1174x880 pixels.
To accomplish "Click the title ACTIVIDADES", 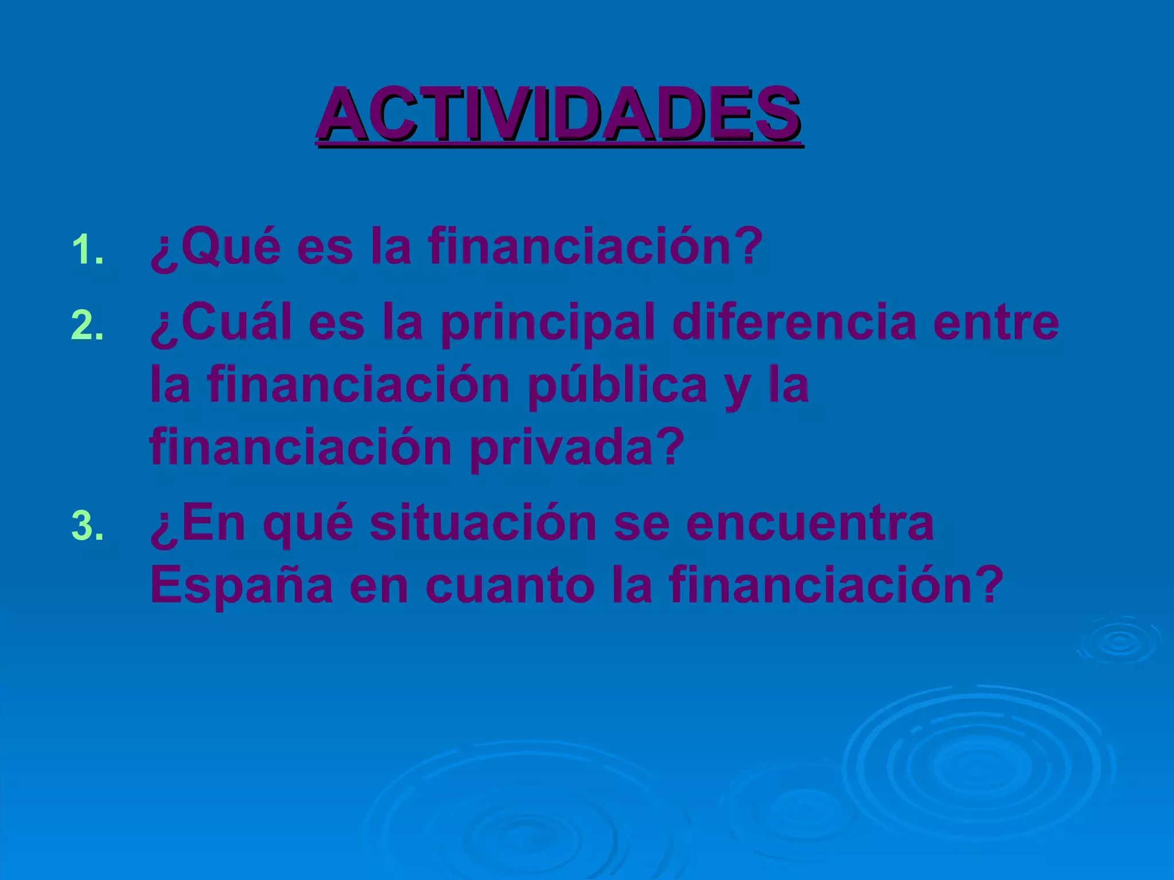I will coord(559,115).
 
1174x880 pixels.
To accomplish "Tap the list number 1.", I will coord(88,250).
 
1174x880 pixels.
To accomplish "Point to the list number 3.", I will coord(88,527).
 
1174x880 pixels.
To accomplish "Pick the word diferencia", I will coord(795,322).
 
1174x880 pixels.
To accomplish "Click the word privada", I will coord(577,448).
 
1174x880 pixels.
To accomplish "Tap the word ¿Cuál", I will coord(221,322).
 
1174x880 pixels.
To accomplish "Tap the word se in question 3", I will coord(641,524).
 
